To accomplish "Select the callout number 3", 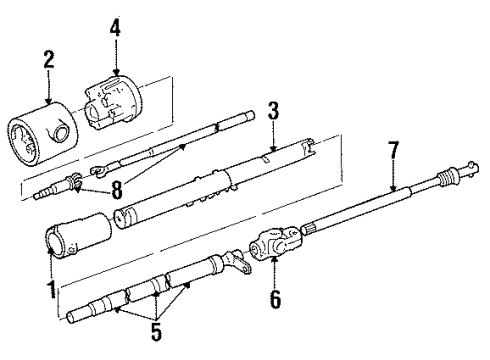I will tap(272, 110).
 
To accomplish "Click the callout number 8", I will tap(117, 189).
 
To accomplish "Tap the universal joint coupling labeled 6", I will tap(272, 243).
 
